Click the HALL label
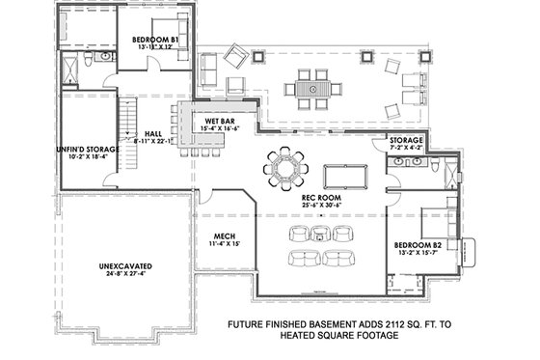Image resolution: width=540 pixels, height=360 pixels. [x=152, y=133]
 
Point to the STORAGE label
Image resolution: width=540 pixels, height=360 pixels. [x=406, y=140]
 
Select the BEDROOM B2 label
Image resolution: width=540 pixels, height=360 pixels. [x=418, y=246]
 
